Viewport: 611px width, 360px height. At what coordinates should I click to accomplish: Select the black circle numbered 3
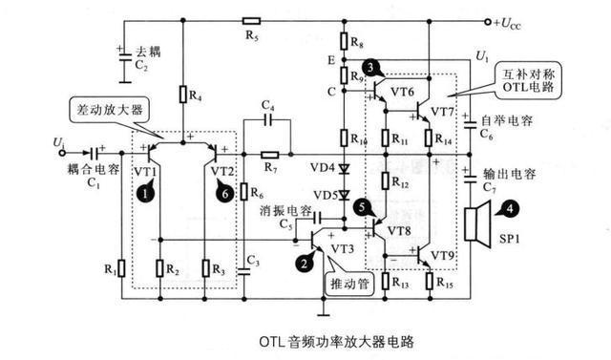coord(369,68)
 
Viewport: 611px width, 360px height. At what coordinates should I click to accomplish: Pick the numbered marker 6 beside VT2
coord(226,193)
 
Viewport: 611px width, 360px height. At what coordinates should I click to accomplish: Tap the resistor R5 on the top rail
coord(251,20)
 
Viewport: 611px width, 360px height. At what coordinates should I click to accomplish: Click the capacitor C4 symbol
coord(268,120)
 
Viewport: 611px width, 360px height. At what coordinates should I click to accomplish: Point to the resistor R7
coord(269,153)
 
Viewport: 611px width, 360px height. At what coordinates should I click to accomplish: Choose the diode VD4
coord(346,169)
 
